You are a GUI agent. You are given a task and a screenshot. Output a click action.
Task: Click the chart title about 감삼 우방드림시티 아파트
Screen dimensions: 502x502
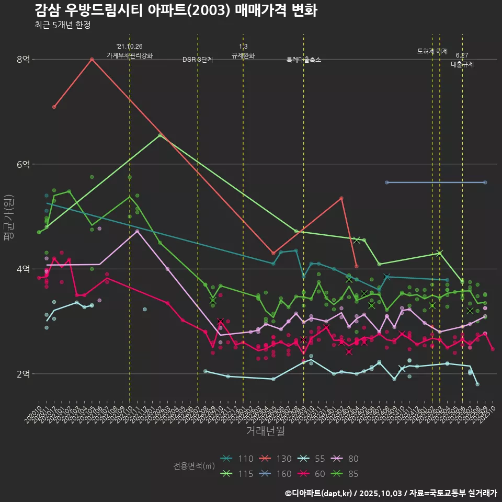[176, 10]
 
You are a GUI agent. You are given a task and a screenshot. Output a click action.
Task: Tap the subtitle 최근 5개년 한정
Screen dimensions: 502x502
[62, 25]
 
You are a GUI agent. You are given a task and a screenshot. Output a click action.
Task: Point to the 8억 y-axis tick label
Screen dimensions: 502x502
[23, 60]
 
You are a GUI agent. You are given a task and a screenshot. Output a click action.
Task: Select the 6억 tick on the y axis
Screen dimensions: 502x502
[23, 164]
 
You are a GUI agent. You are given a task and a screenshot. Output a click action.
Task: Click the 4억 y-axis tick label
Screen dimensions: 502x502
[23, 269]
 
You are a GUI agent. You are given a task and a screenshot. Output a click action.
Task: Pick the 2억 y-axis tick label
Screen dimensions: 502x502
[23, 374]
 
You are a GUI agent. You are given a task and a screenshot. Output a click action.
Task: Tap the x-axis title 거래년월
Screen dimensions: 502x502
[265, 431]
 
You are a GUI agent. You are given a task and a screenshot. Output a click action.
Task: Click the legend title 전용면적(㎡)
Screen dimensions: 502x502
[193, 465]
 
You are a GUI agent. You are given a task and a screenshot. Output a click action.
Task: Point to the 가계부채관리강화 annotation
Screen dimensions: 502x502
[130, 55]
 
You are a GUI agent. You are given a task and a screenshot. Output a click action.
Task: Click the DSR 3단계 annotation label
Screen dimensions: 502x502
[198, 60]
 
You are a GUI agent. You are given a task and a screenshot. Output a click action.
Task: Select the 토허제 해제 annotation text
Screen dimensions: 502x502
[432, 51]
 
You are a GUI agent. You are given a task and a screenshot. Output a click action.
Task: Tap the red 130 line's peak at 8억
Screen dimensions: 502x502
[92, 59]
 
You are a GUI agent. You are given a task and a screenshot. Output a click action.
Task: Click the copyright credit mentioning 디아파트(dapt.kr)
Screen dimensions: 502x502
[391, 493]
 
